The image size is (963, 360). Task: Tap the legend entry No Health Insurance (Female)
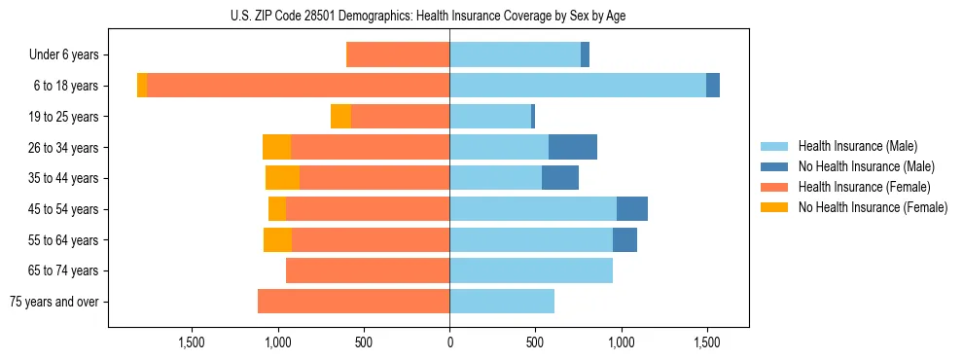(x=873, y=207)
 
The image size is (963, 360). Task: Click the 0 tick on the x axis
(x=449, y=342)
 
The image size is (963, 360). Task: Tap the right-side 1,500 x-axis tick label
(x=706, y=342)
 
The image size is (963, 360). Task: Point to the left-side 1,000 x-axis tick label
(x=277, y=342)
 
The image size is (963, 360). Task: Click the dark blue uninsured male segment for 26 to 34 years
(x=573, y=147)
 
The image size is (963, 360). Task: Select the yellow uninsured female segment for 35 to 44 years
(x=282, y=178)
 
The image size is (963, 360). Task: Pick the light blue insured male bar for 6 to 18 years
(x=578, y=86)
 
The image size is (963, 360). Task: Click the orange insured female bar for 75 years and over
(x=353, y=302)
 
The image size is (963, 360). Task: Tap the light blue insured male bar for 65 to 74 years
(x=531, y=270)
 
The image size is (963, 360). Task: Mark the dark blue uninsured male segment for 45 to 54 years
(x=632, y=209)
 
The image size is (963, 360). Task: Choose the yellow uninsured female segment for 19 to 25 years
(x=340, y=117)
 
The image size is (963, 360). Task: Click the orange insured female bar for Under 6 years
(x=398, y=55)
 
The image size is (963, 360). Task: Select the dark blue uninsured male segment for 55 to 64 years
(x=624, y=239)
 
